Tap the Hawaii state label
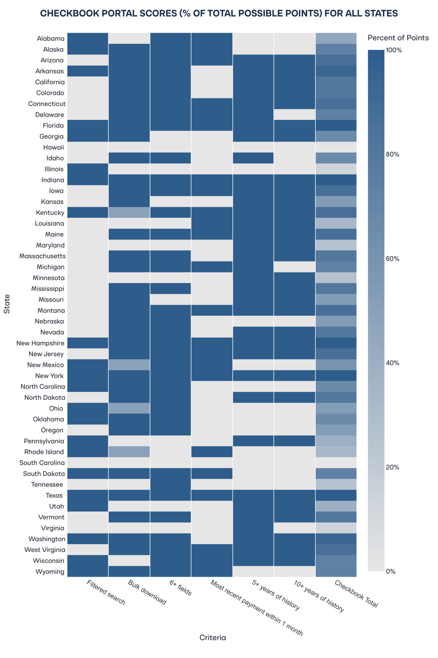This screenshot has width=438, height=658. [54, 147]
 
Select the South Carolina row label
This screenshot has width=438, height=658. [42, 463]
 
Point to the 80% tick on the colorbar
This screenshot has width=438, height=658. [392, 154]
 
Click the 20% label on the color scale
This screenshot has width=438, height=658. [392, 467]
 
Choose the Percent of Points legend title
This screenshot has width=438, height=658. [398, 38]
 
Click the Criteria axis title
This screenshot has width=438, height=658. [213, 638]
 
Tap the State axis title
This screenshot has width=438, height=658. [7, 304]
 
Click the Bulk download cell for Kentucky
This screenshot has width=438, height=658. [129, 213]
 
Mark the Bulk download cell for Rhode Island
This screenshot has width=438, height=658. [129, 452]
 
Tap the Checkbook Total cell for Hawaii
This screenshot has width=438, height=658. [336, 147]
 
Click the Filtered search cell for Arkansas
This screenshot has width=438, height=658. [88, 71]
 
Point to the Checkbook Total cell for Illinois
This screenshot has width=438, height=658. [336, 169]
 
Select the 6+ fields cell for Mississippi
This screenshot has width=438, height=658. [171, 289]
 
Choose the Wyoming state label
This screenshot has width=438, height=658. [50, 571]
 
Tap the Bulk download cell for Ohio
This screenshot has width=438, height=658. [129, 408]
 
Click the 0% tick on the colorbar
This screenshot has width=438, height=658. [391, 571]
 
